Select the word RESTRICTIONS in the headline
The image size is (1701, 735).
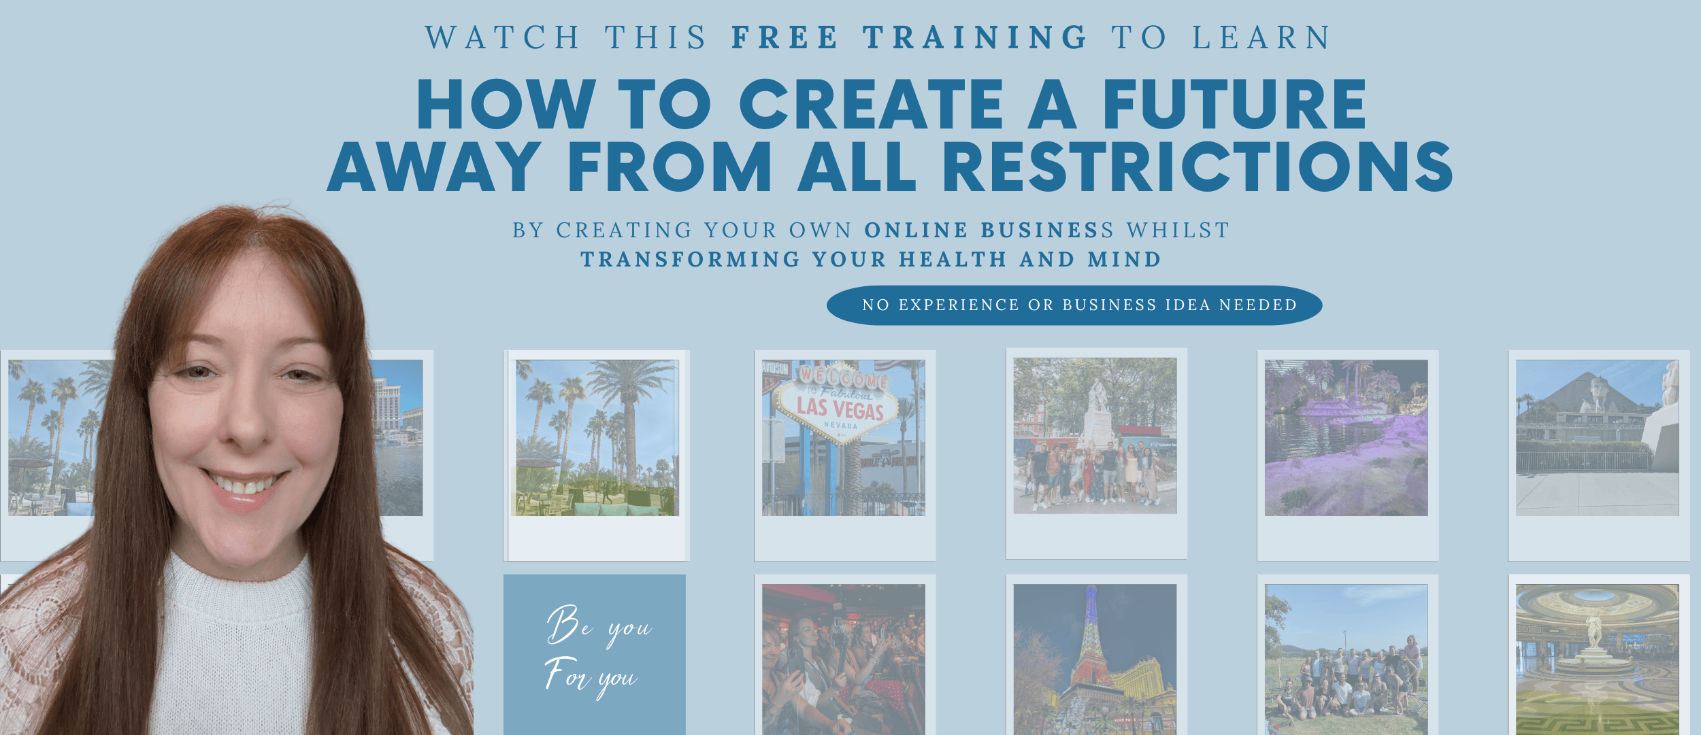pos(1198,167)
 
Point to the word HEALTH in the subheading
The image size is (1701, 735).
pos(953,259)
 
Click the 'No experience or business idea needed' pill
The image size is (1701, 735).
pos(1074,305)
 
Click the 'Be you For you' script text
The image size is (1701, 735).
pos(597,651)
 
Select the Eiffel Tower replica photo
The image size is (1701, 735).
pos(1095,658)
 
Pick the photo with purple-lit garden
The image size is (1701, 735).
pos(1346,438)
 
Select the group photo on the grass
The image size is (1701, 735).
pos(1346,658)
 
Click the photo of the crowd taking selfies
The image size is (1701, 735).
pos(843,658)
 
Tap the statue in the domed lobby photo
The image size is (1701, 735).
pos(1594,632)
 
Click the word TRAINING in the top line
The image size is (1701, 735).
pos(976,37)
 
